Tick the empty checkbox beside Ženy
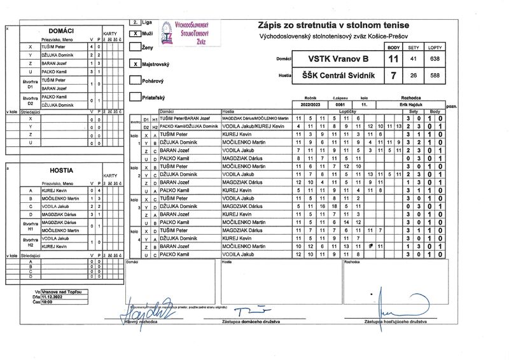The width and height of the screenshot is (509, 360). (134, 47)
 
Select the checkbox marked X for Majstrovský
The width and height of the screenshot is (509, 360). (134, 64)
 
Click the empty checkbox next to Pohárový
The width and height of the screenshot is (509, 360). (134, 81)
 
